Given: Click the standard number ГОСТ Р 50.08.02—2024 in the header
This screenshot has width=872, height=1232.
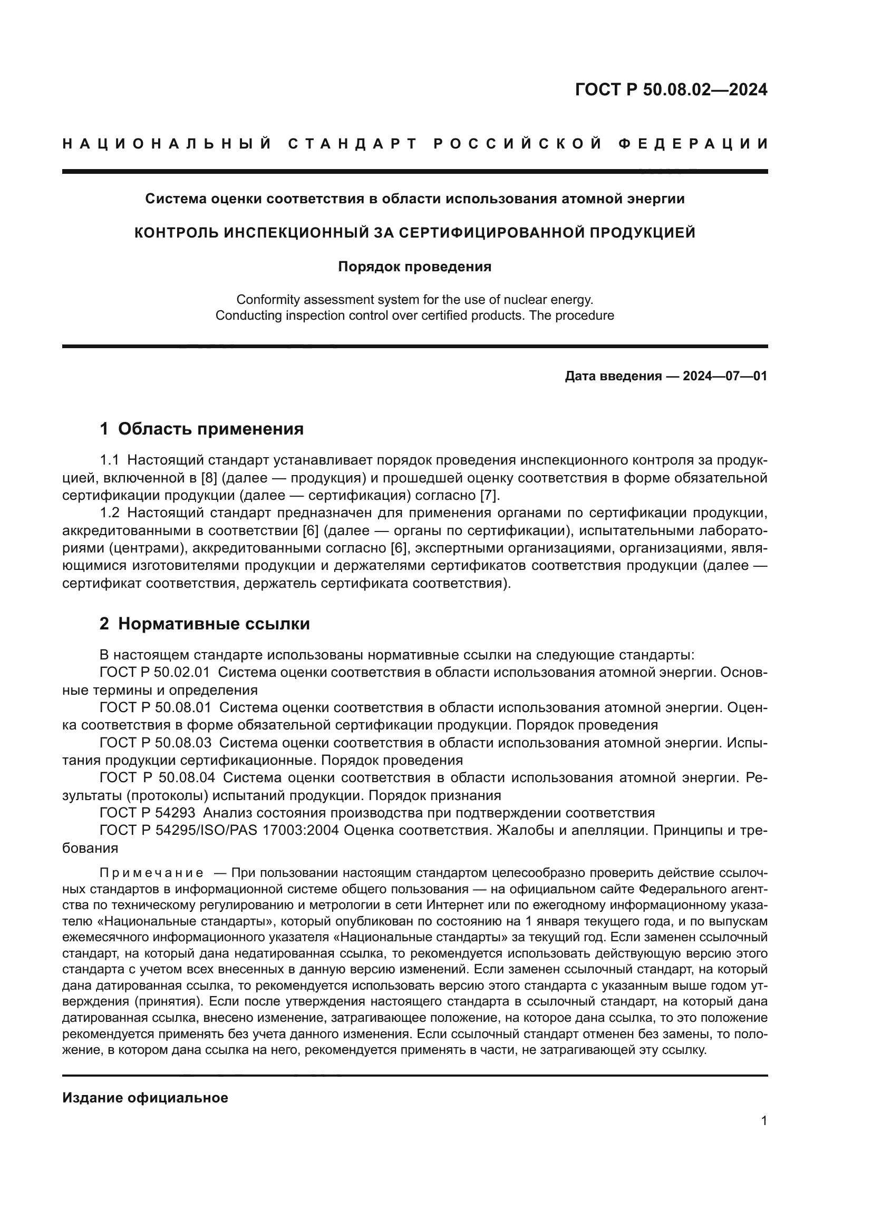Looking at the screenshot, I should coord(671,90).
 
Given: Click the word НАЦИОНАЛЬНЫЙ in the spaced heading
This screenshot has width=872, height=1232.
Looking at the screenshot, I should coord(167,144).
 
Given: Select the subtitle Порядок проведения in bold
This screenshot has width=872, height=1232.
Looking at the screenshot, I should coord(414,267).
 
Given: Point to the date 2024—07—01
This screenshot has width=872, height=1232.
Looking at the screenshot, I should coord(724,376).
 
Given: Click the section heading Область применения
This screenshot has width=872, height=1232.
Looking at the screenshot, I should coord(210,429).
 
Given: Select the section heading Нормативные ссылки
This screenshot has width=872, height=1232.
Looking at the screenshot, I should coord(214,624).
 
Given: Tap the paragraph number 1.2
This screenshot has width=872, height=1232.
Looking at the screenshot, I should coord(110,513).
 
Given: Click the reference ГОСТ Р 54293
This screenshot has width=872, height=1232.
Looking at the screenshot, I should coord(147,813).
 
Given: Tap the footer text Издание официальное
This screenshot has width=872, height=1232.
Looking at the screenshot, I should coord(145,1098).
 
